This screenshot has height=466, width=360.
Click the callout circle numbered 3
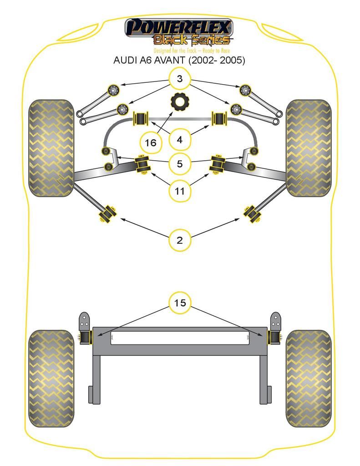click(x=180, y=79)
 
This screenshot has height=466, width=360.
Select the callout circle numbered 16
click(x=151, y=142)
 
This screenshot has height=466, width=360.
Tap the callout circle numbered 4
click(x=180, y=139)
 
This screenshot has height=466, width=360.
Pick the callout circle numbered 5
click(x=180, y=163)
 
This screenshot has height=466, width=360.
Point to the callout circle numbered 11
click(x=180, y=191)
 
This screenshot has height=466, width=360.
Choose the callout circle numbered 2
click(x=180, y=240)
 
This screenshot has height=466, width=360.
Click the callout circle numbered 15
click(x=180, y=303)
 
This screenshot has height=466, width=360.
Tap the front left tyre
click(x=51, y=148)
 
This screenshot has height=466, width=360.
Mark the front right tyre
click(x=308, y=148)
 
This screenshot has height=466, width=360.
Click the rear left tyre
click(x=51, y=378)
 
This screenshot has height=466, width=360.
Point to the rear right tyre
click(x=308, y=378)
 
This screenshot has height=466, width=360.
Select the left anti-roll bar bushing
click(x=140, y=119)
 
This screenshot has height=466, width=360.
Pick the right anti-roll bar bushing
click(x=219, y=118)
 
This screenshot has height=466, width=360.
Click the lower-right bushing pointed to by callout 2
click(x=252, y=213)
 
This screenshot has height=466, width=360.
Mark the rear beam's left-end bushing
click(x=85, y=337)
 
